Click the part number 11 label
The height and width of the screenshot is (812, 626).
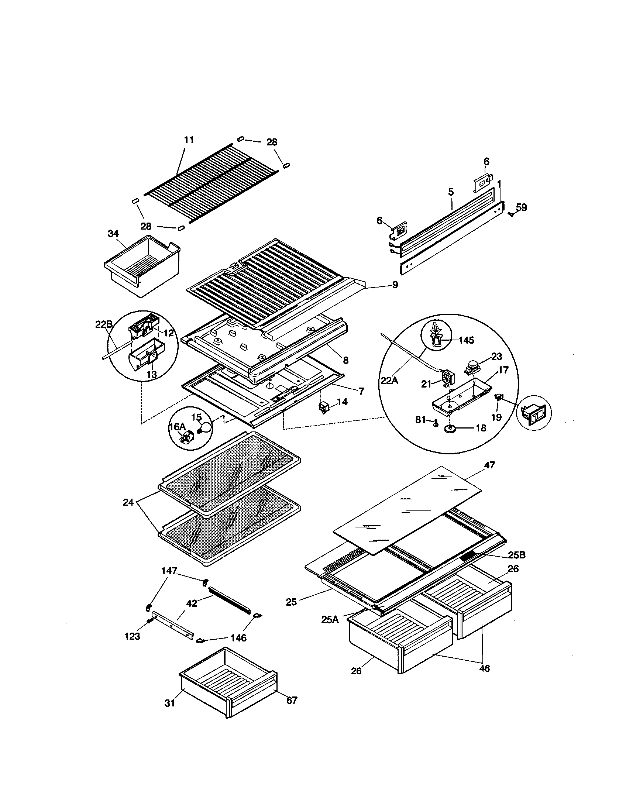[x=189, y=140]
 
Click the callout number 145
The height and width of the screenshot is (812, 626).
[x=466, y=340]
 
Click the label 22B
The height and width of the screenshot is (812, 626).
[x=103, y=324]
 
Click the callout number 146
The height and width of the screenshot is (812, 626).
[x=238, y=638]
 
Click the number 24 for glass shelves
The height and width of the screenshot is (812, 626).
[x=128, y=503]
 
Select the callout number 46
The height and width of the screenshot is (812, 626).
[x=484, y=668]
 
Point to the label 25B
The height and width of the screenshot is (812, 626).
[x=516, y=566]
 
